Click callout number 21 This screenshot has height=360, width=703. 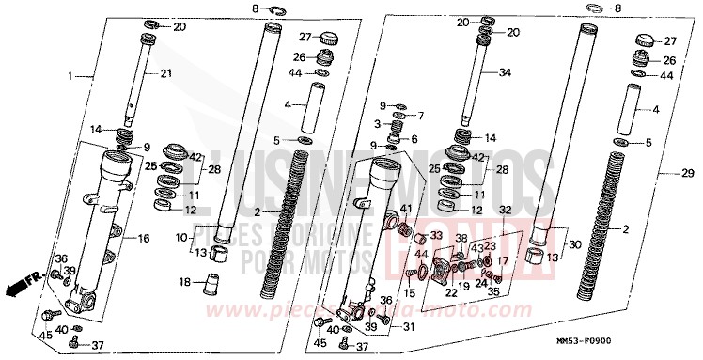(166, 73)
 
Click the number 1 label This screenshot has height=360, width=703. (70, 74)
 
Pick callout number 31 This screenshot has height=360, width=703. (408, 326)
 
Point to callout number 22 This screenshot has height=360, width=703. (451, 292)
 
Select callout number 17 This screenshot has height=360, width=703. (503, 262)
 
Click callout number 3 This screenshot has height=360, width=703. (376, 123)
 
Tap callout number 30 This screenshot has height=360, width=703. (575, 243)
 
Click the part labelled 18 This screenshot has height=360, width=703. (211, 282)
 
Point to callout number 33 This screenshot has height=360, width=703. (436, 236)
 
